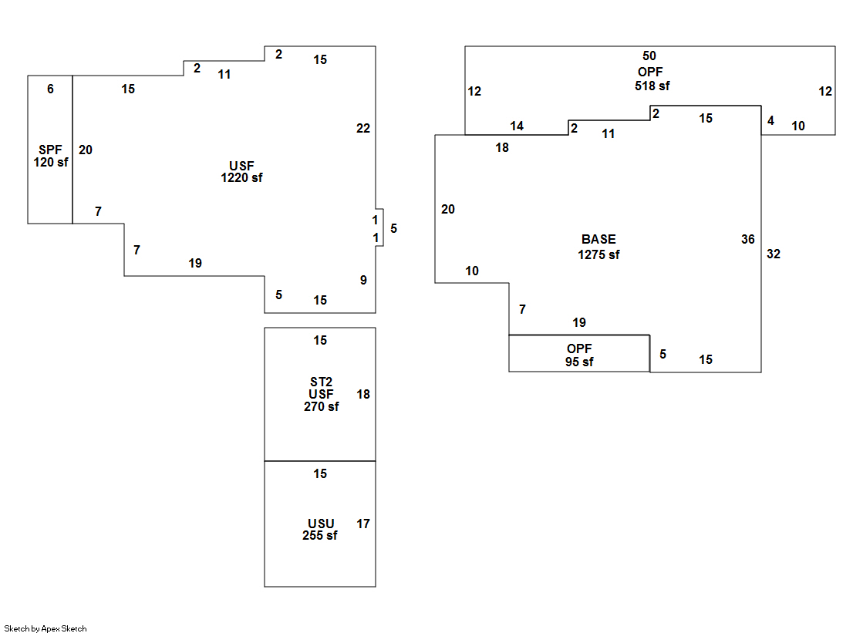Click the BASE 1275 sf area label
(x=598, y=247)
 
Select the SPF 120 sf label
(x=51, y=155)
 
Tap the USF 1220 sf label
(x=241, y=171)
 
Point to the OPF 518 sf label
(x=652, y=79)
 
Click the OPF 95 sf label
(x=579, y=355)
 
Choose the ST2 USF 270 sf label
(x=321, y=394)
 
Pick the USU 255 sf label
(x=320, y=530)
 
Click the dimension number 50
(x=649, y=56)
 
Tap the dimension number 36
(x=747, y=239)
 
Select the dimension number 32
(x=774, y=254)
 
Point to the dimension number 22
(x=363, y=128)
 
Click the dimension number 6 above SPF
(x=50, y=89)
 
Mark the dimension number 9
(x=363, y=280)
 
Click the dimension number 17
(x=363, y=524)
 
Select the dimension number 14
(x=517, y=126)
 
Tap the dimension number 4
(x=770, y=121)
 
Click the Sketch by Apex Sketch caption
(x=46, y=628)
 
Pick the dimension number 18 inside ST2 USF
(x=363, y=394)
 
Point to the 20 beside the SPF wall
(x=86, y=150)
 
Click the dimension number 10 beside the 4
(x=798, y=126)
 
